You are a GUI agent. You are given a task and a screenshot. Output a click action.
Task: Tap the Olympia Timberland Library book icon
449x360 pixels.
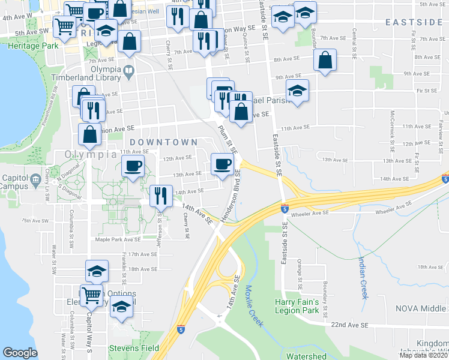[128, 73]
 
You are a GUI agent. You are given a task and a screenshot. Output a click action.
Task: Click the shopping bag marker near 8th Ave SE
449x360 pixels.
[324, 60]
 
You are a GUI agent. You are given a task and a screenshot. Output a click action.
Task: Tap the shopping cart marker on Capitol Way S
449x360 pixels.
[91, 294]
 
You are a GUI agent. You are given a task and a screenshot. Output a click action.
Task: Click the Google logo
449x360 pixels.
[20, 353]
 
